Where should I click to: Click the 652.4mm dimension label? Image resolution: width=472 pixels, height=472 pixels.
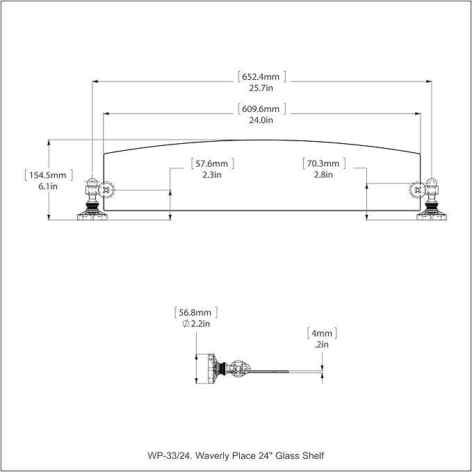261,76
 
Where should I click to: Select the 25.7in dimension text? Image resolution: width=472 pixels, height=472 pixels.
261,88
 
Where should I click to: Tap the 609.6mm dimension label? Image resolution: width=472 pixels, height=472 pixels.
261,108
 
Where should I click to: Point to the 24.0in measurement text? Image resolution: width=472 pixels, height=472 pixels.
261,120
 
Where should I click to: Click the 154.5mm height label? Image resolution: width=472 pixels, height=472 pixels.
47,175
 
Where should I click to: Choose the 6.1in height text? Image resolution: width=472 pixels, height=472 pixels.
48,186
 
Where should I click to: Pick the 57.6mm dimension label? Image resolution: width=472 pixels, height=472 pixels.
212,164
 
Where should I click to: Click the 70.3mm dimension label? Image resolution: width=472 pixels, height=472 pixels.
323,163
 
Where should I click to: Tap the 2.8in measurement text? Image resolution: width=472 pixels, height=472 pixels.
323,175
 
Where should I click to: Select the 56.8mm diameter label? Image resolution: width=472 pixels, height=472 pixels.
195,312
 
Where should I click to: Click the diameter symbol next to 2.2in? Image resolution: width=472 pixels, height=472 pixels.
186,324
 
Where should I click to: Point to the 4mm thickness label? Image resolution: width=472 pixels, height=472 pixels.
322,334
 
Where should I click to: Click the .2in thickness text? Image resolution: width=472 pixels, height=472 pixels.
321,345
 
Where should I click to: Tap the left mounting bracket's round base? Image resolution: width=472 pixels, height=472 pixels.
92,216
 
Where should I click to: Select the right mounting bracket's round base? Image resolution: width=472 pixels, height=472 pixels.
432,216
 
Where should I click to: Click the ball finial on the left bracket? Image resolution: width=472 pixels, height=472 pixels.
92,182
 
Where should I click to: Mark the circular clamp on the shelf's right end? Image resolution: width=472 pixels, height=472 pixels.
418,190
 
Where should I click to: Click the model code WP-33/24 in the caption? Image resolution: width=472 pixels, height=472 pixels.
170,455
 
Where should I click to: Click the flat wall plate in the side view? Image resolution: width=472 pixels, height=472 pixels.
211,368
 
